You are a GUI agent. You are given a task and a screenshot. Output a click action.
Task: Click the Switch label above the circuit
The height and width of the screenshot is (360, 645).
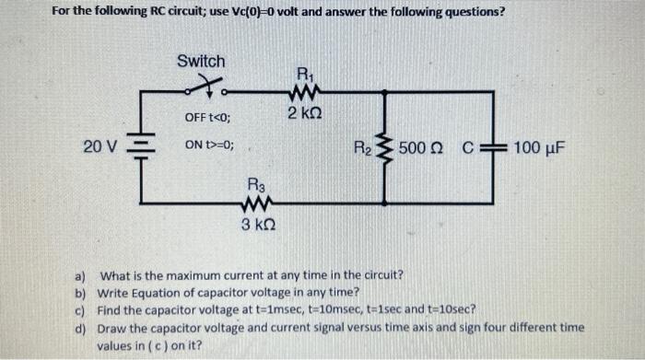(x=200, y=61)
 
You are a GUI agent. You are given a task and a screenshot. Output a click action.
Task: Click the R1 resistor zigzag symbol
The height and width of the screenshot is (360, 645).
(x=304, y=90)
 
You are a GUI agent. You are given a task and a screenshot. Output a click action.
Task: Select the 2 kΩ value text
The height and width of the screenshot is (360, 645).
(x=304, y=113)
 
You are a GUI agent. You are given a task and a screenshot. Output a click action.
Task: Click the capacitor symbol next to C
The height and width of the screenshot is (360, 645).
(x=498, y=147)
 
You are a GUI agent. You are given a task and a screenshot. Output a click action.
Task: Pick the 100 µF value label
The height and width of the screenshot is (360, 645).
(x=540, y=148)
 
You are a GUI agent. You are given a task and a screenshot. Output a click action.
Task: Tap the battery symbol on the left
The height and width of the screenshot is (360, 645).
(x=140, y=147)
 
